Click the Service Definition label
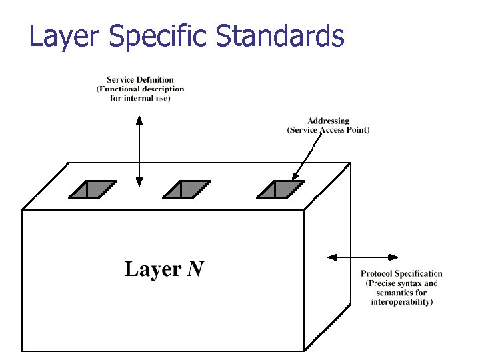tap(140, 80)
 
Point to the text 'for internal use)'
tap(140, 98)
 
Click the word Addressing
tap(328, 121)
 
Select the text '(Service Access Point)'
tap(328, 130)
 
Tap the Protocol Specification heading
tap(401, 273)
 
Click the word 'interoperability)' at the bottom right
tap(401, 302)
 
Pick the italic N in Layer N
tap(195, 269)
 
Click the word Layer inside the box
tap(153, 269)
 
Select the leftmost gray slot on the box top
tap(91, 189)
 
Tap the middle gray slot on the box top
tap(186, 189)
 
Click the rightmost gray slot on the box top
tap(280, 189)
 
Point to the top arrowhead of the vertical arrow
tap(139, 121)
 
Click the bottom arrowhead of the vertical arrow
tap(139, 181)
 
